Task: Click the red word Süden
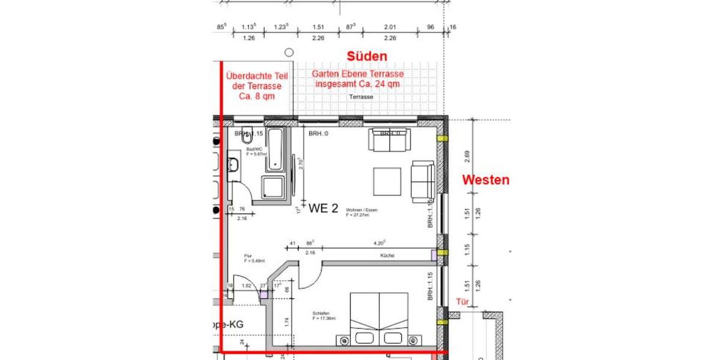(367, 56)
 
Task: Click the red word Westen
(485, 179)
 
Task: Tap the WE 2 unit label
(323, 209)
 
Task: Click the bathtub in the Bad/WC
(277, 148)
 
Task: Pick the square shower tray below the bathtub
(275, 189)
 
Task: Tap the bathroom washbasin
(233, 165)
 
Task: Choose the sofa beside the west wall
(422, 182)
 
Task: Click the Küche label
(387, 256)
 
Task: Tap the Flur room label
(248, 256)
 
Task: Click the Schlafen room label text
(320, 313)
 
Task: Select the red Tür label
(462, 302)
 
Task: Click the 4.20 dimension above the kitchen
(379, 244)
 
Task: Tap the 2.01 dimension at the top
(390, 26)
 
